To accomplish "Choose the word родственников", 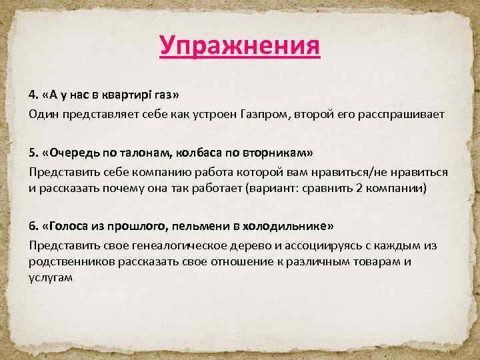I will (72, 261).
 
